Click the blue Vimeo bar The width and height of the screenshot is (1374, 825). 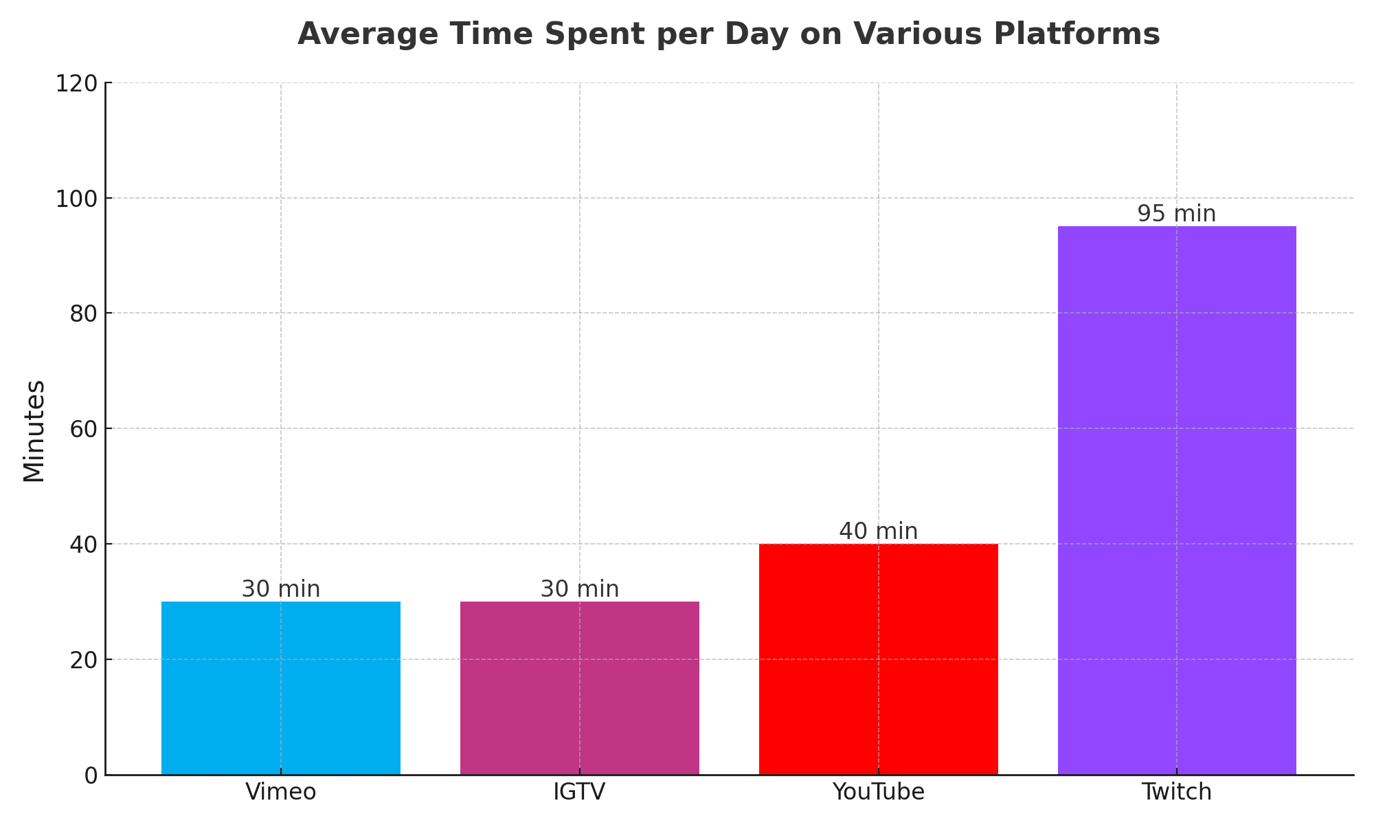280,687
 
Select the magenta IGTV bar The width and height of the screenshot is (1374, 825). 579,687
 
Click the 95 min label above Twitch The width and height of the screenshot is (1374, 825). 1176,214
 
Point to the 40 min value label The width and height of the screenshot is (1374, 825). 878,531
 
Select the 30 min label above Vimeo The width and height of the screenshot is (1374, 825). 280,589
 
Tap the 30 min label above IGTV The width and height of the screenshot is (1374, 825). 579,589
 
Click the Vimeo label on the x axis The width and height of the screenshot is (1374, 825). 280,793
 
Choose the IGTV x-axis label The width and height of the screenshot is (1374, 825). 579,793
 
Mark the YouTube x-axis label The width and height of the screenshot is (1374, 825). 878,793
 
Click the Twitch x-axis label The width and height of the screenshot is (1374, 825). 1176,793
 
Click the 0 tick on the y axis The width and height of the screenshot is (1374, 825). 91,775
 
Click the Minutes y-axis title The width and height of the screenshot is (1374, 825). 34,430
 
